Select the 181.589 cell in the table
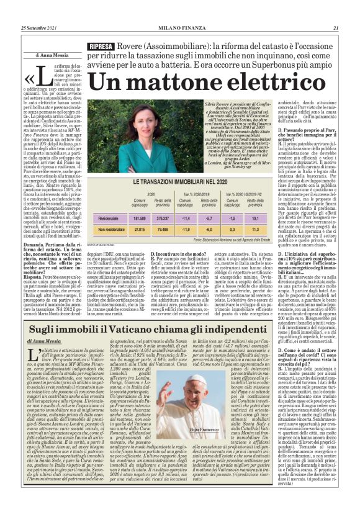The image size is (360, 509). [x=140, y=218]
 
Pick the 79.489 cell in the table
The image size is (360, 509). [x=163, y=229]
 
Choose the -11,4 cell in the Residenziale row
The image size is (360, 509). [x=184, y=218]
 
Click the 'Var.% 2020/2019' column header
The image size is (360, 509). [x=196, y=194]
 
